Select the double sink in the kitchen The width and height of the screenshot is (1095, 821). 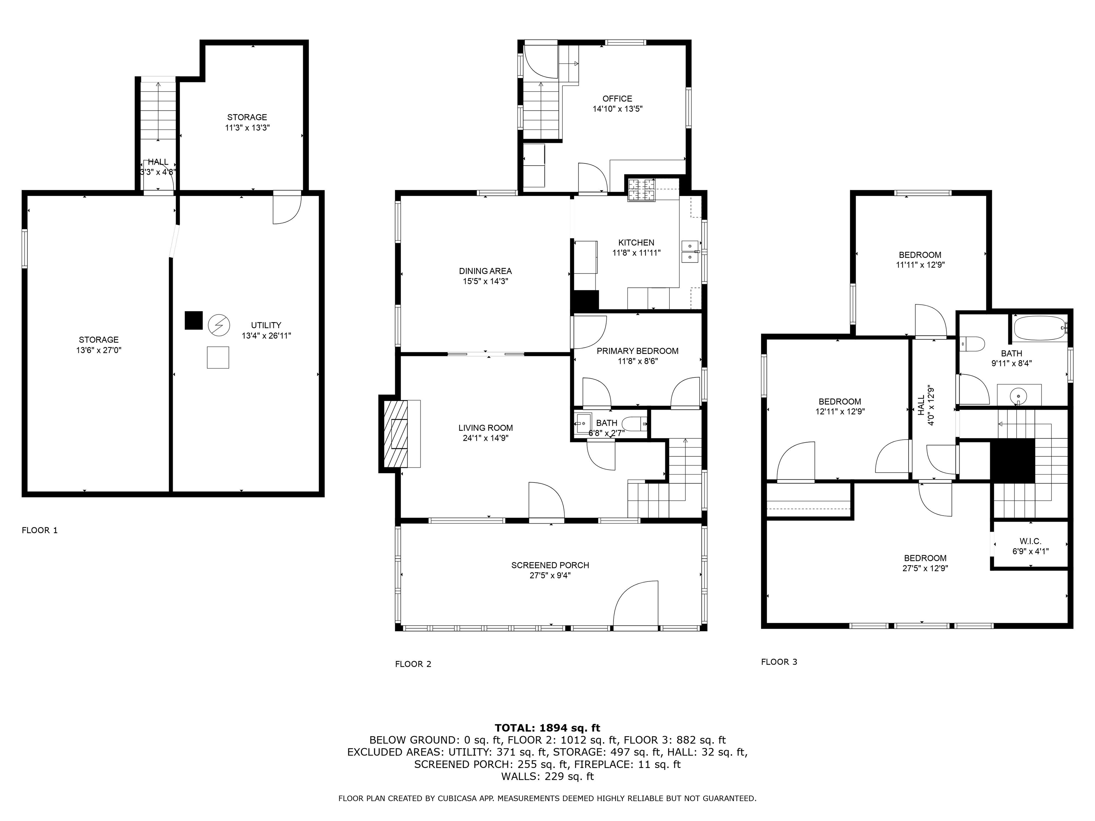(690, 252)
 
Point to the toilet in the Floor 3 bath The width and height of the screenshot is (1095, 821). (972, 344)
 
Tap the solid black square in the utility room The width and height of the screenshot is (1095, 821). (194, 320)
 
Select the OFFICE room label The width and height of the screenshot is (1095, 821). (617, 98)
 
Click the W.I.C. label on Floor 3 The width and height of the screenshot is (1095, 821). (1030, 541)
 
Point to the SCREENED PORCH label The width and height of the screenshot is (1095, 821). (550, 565)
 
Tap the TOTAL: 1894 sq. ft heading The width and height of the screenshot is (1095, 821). (547, 728)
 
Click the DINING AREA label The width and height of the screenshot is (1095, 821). (485, 271)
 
